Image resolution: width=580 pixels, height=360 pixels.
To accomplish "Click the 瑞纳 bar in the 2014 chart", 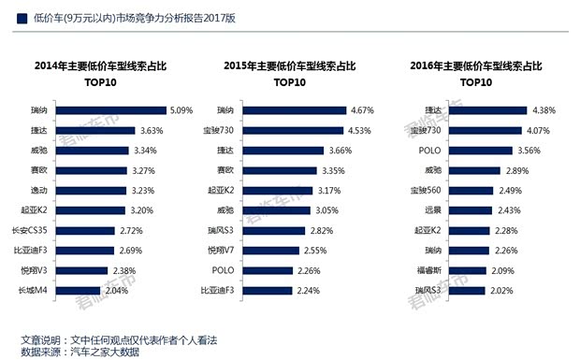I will (119, 110).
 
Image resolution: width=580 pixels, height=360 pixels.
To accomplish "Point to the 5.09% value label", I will (181, 110).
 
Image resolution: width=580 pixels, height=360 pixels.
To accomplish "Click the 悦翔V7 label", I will (226, 251).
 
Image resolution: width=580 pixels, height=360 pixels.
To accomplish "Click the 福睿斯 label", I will (426, 270).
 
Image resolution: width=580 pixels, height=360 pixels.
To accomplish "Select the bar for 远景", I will (466, 210).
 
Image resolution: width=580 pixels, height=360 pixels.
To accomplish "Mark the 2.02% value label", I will (503, 291).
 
